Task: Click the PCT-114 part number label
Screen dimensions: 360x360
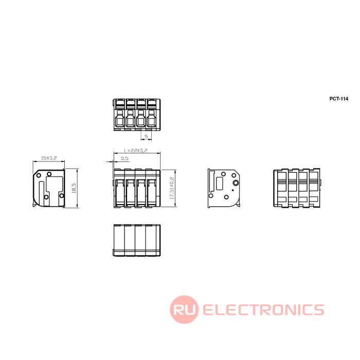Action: coord(338,99)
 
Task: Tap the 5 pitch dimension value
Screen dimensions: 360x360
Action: coord(146,137)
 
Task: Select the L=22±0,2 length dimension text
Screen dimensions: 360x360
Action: coord(136,151)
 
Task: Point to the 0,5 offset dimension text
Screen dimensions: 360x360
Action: coord(124,158)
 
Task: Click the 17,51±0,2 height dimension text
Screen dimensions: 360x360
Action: coord(172,188)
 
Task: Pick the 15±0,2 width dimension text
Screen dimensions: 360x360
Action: coord(49,158)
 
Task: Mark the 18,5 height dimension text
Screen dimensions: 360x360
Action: coord(74,188)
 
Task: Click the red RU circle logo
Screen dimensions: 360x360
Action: coord(184,309)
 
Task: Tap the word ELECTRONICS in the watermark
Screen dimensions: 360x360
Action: coord(263,310)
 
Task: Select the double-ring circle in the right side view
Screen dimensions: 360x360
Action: coord(236,183)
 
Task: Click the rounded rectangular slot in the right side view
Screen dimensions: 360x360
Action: coord(219,184)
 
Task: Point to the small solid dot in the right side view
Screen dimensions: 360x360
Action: coord(233,190)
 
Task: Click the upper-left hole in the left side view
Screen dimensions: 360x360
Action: coord(39,176)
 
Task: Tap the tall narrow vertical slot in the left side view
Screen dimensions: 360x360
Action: coord(41,193)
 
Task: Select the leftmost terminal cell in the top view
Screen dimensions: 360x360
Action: coord(119,115)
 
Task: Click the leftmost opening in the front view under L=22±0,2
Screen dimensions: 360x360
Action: coord(119,192)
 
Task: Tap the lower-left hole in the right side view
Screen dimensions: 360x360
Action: coord(210,195)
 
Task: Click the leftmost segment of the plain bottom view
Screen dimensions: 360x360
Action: coord(119,240)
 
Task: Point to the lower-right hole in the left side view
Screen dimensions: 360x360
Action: coord(62,195)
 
